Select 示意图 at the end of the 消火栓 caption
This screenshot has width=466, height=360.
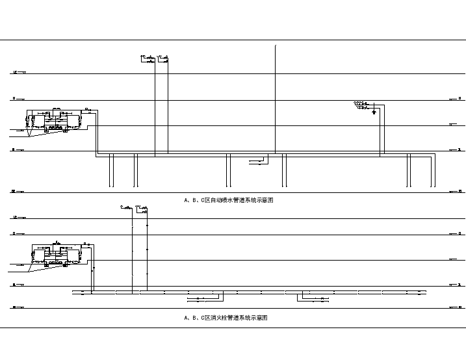(x=259, y=318)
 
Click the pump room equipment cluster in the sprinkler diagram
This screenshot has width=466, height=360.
(x=55, y=120)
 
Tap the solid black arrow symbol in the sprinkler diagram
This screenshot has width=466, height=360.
(x=374, y=112)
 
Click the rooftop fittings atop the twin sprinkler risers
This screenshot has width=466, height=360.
(x=155, y=59)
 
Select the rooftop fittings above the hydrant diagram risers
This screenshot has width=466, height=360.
(x=135, y=209)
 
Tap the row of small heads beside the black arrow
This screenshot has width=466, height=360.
(x=360, y=103)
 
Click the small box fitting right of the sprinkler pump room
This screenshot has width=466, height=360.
(x=87, y=109)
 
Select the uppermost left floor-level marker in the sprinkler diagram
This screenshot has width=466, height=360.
(x=18, y=73)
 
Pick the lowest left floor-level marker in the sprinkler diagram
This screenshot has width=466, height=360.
(x=18, y=192)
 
